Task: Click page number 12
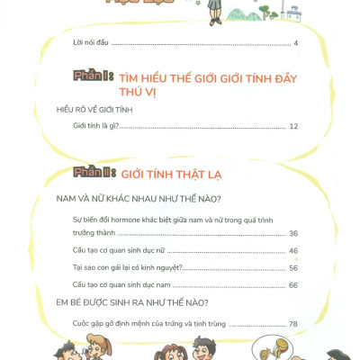pyautogui.click(x=293, y=127)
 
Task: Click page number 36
pyautogui.click(x=293, y=234)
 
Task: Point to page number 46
pyautogui.click(x=293, y=251)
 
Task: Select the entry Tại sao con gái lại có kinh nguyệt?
pyautogui.click(x=128, y=268)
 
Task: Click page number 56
pyautogui.click(x=293, y=268)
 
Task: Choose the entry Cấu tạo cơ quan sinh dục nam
pyautogui.click(x=121, y=285)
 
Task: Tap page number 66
pyautogui.click(x=293, y=285)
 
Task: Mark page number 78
pyautogui.click(x=293, y=324)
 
